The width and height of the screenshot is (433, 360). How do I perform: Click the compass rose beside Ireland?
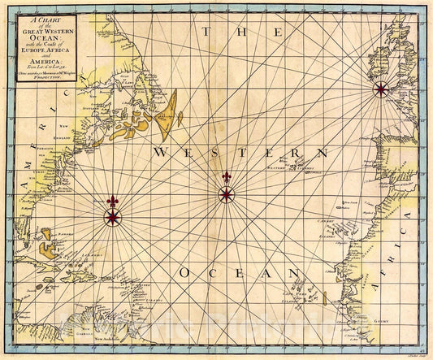pyautogui.click(x=380, y=89)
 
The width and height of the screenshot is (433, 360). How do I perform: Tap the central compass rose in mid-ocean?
pyautogui.click(x=226, y=194)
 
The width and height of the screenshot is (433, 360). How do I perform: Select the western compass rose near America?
pyautogui.click(x=112, y=216)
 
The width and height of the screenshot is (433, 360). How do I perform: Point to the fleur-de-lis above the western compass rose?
pyautogui.click(x=112, y=200)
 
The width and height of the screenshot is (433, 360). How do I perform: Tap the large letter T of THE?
pyautogui.click(x=208, y=33)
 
